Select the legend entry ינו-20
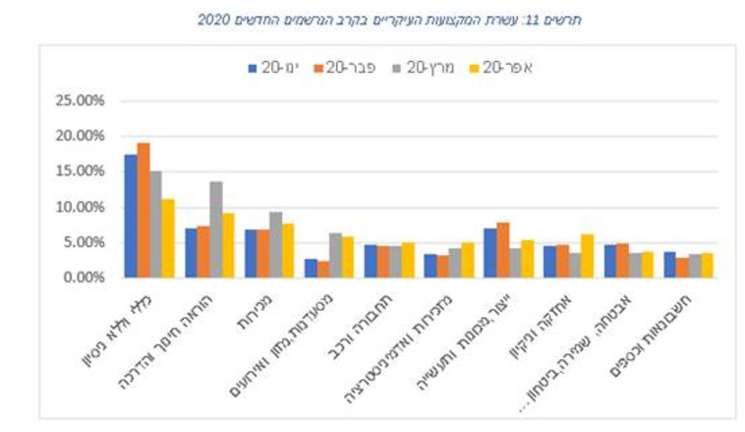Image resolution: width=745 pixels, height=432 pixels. coord(273,68)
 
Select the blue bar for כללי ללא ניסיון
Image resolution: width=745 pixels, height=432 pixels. coord(131,216)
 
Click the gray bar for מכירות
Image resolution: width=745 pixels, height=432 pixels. coord(275,244)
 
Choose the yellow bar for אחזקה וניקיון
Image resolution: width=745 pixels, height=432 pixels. coord(588,256)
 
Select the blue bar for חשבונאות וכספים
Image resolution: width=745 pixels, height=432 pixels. coord(668,265)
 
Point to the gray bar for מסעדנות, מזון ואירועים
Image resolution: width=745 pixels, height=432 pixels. coord(335,255)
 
